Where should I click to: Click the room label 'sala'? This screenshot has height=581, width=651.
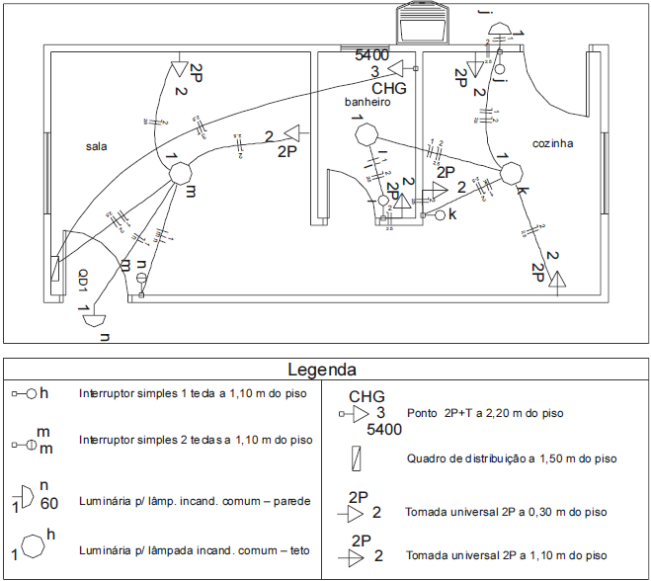[x=96, y=146]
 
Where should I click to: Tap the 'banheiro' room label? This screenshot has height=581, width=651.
[x=367, y=102]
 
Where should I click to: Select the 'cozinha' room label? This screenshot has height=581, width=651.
[x=552, y=143]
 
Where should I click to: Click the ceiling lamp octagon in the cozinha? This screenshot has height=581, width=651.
[x=512, y=174]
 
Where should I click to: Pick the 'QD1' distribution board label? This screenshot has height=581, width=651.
[x=85, y=282]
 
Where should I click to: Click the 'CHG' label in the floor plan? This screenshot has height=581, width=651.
[x=389, y=88]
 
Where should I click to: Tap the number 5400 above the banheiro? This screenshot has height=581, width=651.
[x=372, y=55]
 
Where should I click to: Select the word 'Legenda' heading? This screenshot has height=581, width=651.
[x=322, y=371]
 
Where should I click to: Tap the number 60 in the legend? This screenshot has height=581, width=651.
[x=49, y=503]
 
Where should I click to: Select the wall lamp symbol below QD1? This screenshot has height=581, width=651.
[x=93, y=319]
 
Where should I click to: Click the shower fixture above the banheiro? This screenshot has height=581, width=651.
[x=423, y=22]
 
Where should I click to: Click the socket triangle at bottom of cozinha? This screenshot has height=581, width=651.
[x=559, y=284]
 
